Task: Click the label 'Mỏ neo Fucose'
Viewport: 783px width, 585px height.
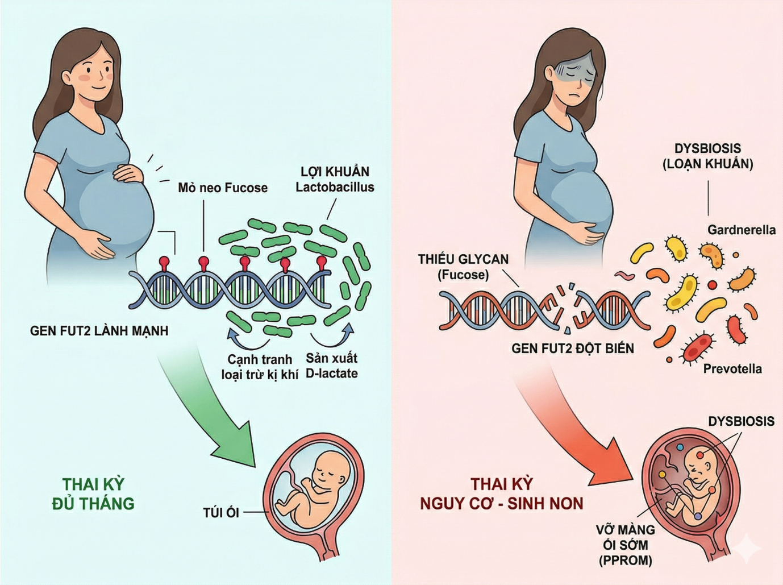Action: (222, 188)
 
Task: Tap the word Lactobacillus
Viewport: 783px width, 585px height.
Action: (335, 187)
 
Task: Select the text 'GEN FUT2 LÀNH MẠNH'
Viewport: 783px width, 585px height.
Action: (99, 331)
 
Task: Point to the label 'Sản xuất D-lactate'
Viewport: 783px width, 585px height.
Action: (332, 366)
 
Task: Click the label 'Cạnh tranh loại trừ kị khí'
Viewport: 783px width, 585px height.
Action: (260, 367)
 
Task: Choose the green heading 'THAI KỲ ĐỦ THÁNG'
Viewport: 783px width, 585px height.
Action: (93, 493)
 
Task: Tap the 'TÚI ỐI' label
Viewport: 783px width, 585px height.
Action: (221, 513)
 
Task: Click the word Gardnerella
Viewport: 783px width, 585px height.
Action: (741, 230)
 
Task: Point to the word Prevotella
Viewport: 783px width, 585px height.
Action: (732, 369)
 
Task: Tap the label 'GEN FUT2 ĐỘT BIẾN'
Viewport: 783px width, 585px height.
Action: (573, 348)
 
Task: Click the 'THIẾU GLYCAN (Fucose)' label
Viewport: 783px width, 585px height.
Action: (463, 267)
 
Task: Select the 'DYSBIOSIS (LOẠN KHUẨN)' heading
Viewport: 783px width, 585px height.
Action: (707, 156)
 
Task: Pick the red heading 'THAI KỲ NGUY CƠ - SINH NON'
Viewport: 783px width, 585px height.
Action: (502, 493)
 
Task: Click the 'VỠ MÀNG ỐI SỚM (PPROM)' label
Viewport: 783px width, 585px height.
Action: (625, 545)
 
